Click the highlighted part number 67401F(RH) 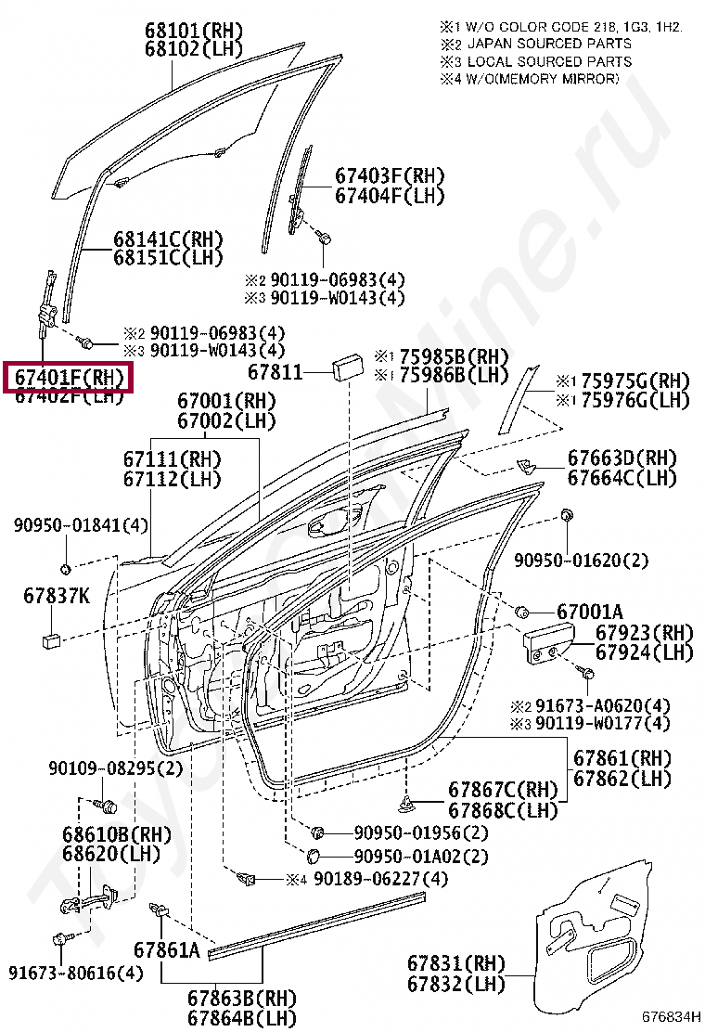pos(70,378)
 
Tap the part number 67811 pos(276,372)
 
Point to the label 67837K pos(57,597)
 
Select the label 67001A pos(589,613)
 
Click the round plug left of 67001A pos(522,612)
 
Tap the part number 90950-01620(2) pos(582,560)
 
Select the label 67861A pos(167,950)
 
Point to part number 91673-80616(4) pos(76,973)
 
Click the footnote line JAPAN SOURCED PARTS pos(549,44)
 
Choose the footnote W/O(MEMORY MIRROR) pos(543,79)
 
